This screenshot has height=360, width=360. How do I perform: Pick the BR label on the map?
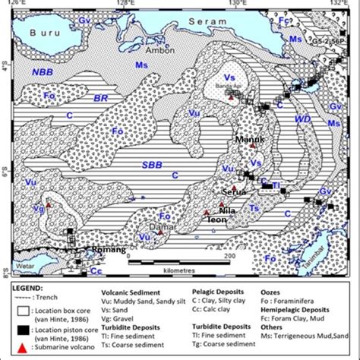pyautogui.click(x=100, y=99)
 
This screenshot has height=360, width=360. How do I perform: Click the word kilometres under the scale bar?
pyautogui.click(x=172, y=270)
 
